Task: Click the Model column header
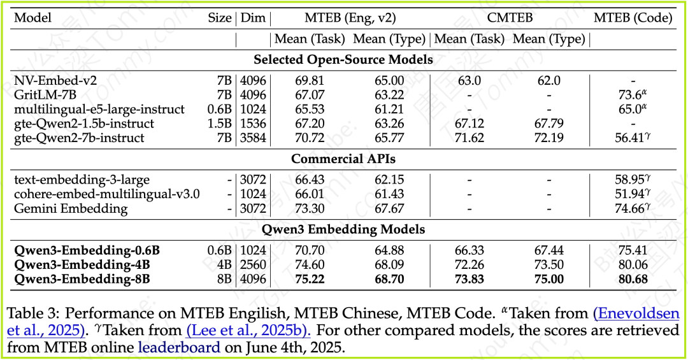tap(33, 18)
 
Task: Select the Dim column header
tap(253, 18)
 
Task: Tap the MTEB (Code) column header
tap(633, 18)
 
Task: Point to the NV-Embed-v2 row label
tap(51, 81)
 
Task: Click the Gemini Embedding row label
tap(71, 208)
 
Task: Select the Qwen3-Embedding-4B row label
tap(82, 264)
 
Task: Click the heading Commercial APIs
tap(343, 159)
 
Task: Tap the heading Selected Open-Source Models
tap(343, 60)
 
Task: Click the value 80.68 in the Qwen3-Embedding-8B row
tap(629, 279)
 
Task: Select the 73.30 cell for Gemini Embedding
tap(310, 208)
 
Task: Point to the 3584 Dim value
tap(253, 138)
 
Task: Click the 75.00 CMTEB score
tap(548, 279)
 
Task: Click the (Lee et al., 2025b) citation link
tap(248, 331)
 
